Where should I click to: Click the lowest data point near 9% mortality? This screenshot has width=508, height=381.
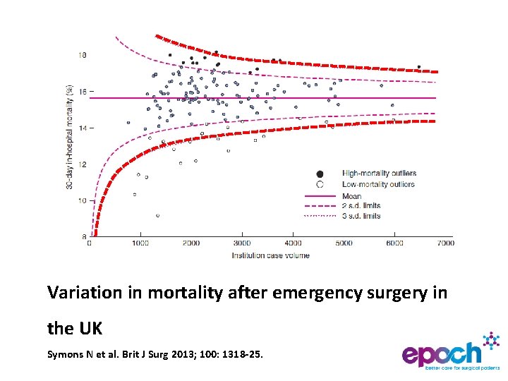point(157,215)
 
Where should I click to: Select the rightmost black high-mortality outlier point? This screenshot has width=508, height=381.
point(418,67)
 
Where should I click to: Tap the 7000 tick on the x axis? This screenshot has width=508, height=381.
point(445,243)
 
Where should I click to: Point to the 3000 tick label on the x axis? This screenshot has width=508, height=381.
point(242,243)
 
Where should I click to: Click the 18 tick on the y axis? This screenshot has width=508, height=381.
point(83,55)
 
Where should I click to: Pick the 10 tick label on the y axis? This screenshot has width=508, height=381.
point(83,200)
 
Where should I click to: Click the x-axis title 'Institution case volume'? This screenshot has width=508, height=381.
point(270,255)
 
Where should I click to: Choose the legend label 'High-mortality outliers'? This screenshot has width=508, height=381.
point(379,174)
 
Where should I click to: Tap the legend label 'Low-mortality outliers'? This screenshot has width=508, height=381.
point(378,185)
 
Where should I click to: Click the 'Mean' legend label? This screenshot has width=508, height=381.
point(351,196)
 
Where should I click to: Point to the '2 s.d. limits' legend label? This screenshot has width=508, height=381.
point(361,206)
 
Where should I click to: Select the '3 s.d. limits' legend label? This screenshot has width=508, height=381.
point(361,216)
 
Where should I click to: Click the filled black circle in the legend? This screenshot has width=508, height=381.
point(320,174)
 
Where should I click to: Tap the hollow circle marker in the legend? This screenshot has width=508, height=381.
point(320,184)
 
